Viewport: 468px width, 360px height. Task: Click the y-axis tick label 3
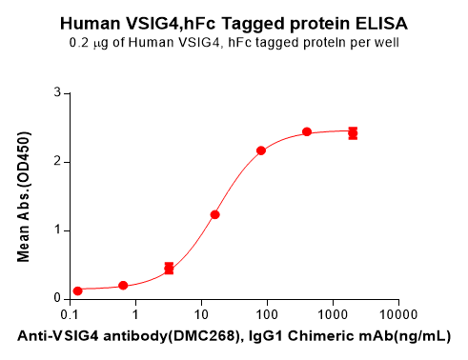pyautogui.click(x=57, y=93)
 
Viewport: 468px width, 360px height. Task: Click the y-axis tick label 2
pyautogui.click(x=57, y=162)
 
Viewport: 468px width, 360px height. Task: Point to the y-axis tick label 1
pyautogui.click(x=57, y=230)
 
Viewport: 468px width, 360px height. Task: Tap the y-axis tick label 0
pyautogui.click(x=57, y=299)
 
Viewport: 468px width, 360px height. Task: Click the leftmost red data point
pyautogui.click(x=78, y=290)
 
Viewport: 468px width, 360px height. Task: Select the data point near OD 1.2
pyautogui.click(x=215, y=214)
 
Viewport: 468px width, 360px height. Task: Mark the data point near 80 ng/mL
pyautogui.click(x=261, y=150)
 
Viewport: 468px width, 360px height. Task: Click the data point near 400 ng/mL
pyautogui.click(x=307, y=132)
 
